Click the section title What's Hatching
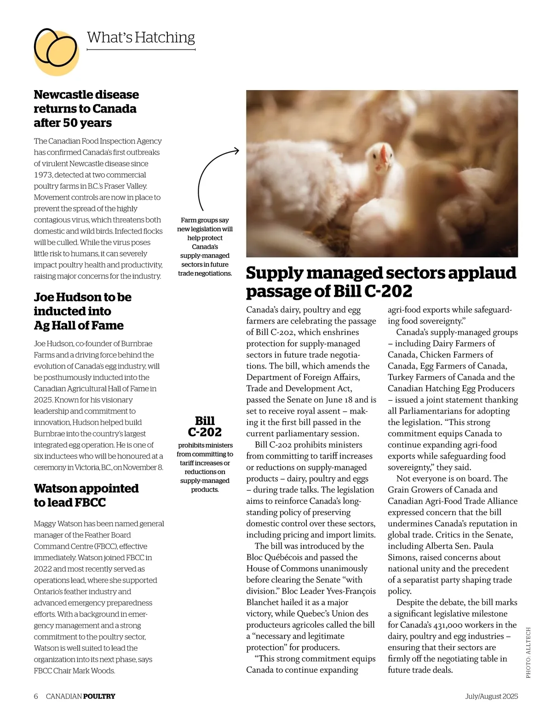141,37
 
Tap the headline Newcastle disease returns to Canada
86,108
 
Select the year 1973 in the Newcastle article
43,175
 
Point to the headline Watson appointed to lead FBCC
86,495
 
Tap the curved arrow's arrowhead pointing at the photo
236,150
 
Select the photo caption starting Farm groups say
205,247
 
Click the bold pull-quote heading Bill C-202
205,426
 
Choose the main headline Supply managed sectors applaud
381,282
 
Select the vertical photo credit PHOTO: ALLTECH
528,652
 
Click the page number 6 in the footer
36,696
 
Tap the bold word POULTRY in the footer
99,696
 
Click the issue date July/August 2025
491,696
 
